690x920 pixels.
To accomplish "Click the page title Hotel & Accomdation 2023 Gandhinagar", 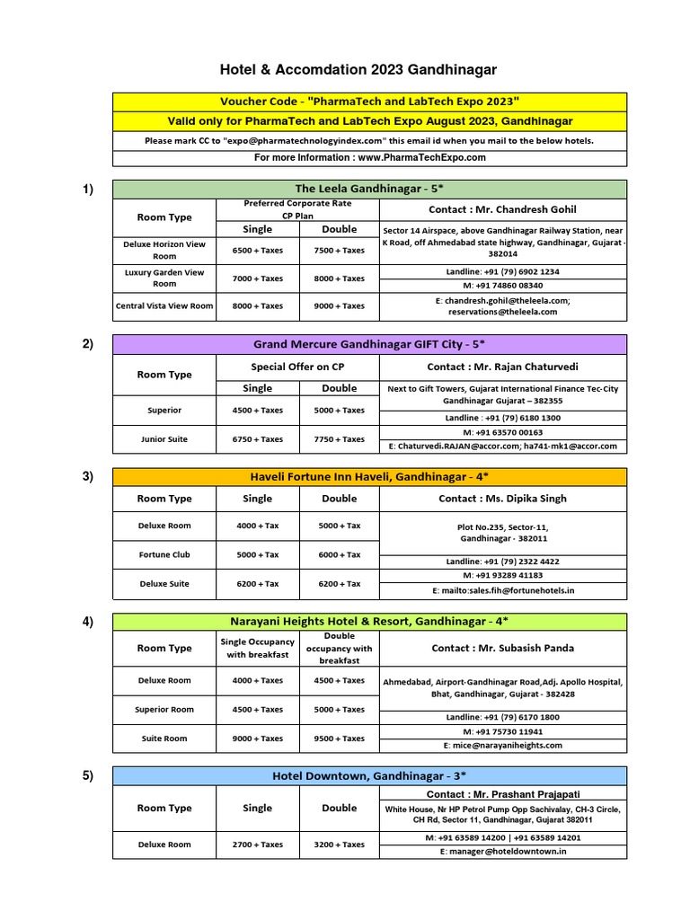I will tap(358, 69).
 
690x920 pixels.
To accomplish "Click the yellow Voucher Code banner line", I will tap(369, 102).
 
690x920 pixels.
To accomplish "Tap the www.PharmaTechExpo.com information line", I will tap(369, 157).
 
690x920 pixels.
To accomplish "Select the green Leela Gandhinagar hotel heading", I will tap(369, 189).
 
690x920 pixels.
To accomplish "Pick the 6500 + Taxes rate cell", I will tap(258, 250).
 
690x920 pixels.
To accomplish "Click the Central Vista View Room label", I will tap(164, 305).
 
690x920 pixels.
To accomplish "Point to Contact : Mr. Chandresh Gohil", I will tap(503, 209).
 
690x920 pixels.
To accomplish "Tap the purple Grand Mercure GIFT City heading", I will tap(369, 344).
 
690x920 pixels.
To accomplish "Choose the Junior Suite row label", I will tap(164, 439).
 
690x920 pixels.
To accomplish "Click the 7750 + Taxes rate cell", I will tap(339, 439).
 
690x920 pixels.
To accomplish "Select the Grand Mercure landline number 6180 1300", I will tap(503, 418).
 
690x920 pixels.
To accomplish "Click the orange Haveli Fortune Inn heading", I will tap(369, 476).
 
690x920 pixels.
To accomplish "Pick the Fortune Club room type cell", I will tap(164, 554).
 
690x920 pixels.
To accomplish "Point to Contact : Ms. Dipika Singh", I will tap(503, 499).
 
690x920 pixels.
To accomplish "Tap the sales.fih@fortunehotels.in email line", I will tap(503, 590).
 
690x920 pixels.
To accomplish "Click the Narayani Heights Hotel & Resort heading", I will tap(369, 621).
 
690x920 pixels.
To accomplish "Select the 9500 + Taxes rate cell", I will tap(339, 739).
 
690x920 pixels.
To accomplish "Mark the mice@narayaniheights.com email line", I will tap(503, 745).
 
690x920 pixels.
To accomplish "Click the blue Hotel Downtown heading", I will tap(369, 775).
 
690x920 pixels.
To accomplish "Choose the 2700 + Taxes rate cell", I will tap(258, 845).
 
